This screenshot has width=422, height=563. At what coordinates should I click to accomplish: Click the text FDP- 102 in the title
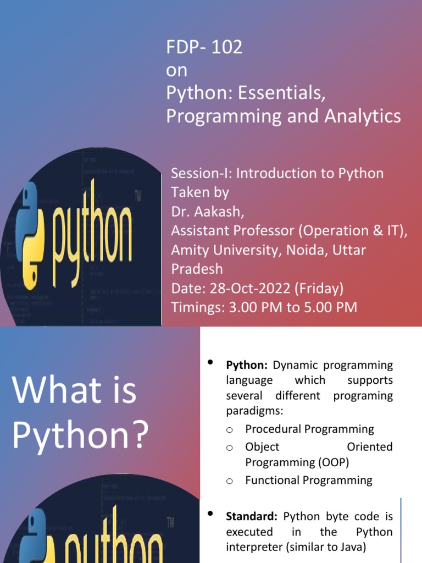(x=204, y=48)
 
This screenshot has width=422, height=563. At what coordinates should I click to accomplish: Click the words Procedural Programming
(x=309, y=429)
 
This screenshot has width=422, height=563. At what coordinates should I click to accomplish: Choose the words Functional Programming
(x=308, y=481)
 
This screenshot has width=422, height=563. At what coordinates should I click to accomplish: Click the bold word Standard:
(x=253, y=517)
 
